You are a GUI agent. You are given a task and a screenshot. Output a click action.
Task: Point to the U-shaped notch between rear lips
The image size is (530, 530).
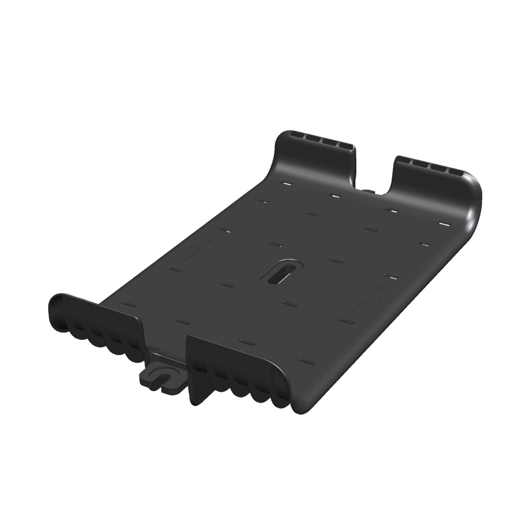point(374,174)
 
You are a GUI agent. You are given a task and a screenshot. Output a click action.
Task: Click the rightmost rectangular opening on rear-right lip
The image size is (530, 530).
point(456,172)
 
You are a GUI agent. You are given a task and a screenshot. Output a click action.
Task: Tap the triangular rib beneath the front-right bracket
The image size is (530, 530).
point(197,389)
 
